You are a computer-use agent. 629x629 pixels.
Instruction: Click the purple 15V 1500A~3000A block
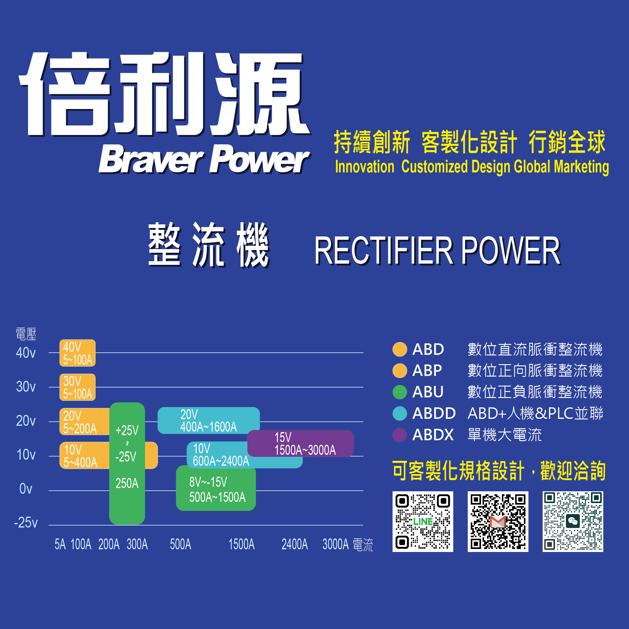tap(300, 443)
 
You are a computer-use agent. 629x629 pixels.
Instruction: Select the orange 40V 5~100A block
tap(78, 353)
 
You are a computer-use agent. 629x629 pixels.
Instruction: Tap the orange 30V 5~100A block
tap(78, 387)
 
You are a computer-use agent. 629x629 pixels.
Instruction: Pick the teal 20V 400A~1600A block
tap(209, 420)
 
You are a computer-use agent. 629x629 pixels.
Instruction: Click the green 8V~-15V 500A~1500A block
tap(216, 488)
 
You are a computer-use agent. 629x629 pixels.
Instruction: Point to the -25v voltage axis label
tap(26, 522)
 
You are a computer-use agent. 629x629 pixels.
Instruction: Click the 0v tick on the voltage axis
tap(26, 489)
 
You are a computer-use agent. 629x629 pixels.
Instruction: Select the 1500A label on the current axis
tap(242, 544)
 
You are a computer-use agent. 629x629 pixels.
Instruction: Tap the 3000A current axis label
tap(336, 544)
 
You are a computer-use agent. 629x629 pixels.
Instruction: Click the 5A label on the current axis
tap(60, 544)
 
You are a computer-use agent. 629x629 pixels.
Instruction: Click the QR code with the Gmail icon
tap(498, 521)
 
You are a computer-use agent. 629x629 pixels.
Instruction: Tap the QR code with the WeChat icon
tap(573, 521)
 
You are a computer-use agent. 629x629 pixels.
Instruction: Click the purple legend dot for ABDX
tap(400, 435)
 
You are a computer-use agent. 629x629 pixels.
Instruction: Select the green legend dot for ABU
tap(400, 392)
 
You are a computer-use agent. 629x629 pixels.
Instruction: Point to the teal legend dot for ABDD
tap(400, 413)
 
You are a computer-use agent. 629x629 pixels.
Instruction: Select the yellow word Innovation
tap(365, 167)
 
